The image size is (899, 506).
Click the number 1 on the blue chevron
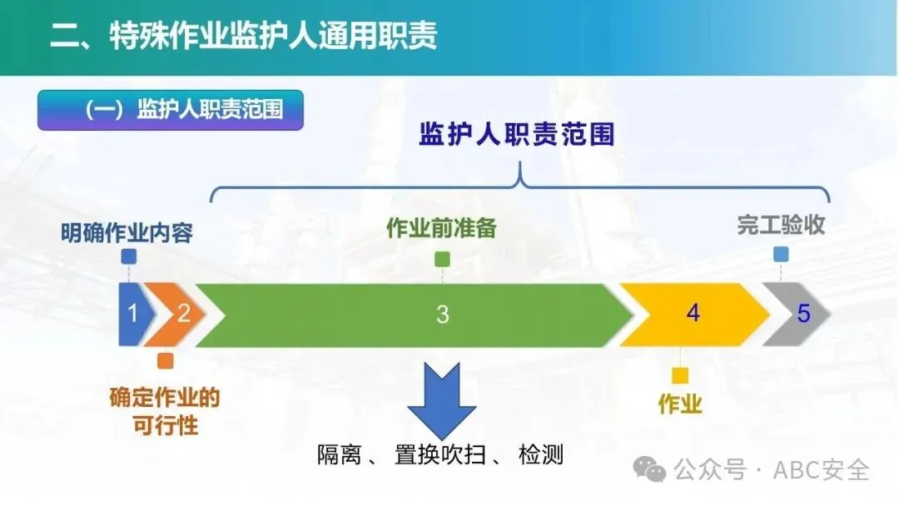pyautogui.click(x=133, y=314)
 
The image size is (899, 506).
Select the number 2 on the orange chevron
pyautogui.click(x=183, y=313)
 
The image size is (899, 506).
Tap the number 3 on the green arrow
pyautogui.click(x=442, y=314)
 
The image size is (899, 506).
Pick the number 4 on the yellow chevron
pyautogui.click(x=693, y=313)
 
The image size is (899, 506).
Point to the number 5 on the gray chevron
pyautogui.click(x=803, y=314)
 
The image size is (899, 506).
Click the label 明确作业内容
pyautogui.click(x=127, y=233)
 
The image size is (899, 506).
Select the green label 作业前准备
pyautogui.click(x=441, y=227)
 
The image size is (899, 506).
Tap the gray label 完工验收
pyautogui.click(x=781, y=225)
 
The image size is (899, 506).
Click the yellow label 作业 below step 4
pyautogui.click(x=680, y=404)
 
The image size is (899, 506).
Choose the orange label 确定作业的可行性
pyautogui.click(x=165, y=411)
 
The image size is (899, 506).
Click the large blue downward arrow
pyautogui.click(x=441, y=400)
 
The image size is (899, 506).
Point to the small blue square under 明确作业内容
pyautogui.click(x=129, y=256)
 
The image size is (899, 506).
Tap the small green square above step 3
pyautogui.click(x=442, y=259)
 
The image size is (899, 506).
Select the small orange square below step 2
pyautogui.click(x=165, y=360)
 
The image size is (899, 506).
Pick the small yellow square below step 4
pyautogui.click(x=680, y=375)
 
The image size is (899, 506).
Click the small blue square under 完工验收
pyautogui.click(x=781, y=254)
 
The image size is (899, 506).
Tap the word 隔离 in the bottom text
pyautogui.click(x=340, y=455)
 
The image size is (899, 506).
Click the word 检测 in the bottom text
pyautogui.click(x=541, y=454)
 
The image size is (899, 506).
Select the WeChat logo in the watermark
pyautogui.click(x=649, y=470)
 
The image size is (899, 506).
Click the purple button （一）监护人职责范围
pyautogui.click(x=171, y=110)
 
